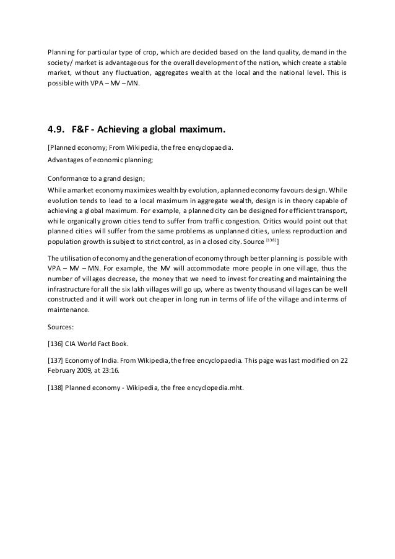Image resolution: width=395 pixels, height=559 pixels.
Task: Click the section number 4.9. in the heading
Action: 58,131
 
